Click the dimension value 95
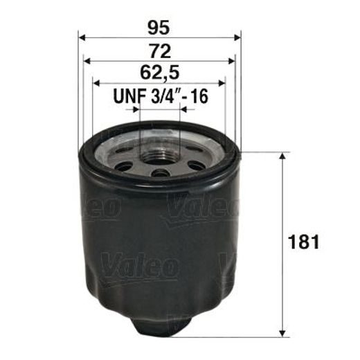coord(160,27)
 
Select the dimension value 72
coord(160,50)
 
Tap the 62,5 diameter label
coord(160,73)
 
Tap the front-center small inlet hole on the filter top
coord(160,172)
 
